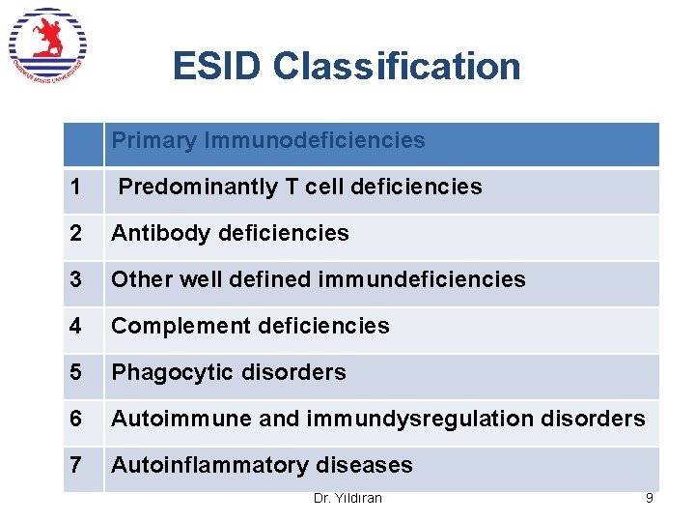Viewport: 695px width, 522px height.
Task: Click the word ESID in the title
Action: [218, 66]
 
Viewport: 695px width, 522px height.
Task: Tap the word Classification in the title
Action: [397, 66]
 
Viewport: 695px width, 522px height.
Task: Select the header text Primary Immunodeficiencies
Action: [268, 140]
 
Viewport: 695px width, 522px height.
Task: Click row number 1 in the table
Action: [75, 187]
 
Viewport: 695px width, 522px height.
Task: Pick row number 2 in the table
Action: [75, 233]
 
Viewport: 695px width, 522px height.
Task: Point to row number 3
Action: [75, 279]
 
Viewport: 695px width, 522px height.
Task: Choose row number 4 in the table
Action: [75, 326]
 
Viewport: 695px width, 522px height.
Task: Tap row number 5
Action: [75, 372]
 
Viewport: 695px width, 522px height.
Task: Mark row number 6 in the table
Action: [75, 419]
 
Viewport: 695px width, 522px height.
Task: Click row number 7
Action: [75, 465]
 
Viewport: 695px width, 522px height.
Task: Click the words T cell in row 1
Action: [315, 187]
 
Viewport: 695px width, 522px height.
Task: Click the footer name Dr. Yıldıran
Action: [347, 498]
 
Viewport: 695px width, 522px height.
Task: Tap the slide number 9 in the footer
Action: [650, 498]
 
